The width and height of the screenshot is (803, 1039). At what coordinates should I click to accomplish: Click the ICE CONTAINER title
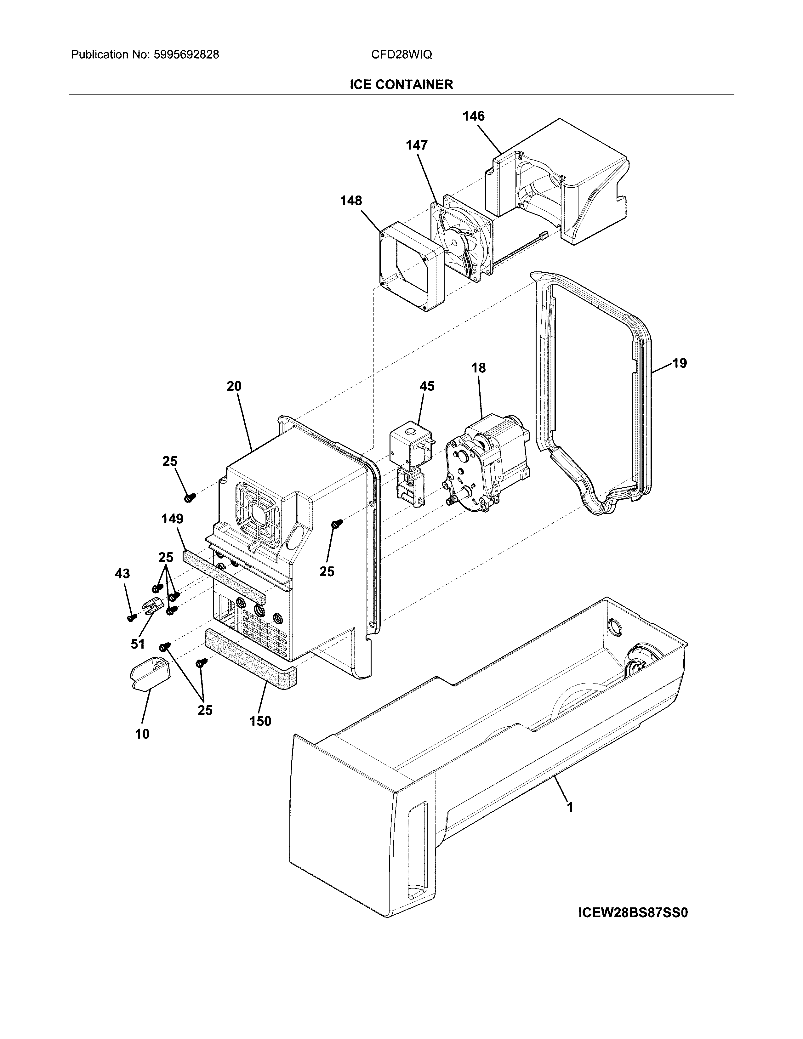pyautogui.click(x=401, y=85)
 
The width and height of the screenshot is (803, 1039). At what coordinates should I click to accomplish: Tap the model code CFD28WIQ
pyautogui.click(x=401, y=55)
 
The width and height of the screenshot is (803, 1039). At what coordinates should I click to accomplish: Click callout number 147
pyautogui.click(x=416, y=145)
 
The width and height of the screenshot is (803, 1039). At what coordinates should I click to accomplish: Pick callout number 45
pyautogui.click(x=427, y=386)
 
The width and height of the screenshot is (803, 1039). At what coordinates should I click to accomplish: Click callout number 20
pyautogui.click(x=234, y=386)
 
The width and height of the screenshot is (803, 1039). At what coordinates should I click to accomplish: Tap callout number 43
pyautogui.click(x=122, y=574)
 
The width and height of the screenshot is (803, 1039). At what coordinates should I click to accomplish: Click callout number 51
pyautogui.click(x=138, y=644)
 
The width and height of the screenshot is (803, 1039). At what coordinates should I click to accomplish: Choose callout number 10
pyautogui.click(x=142, y=734)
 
